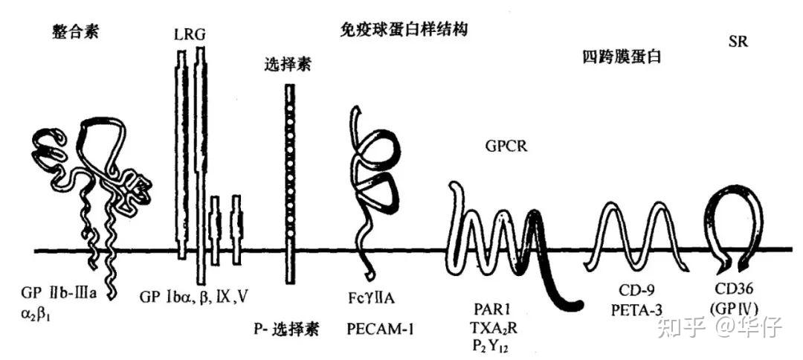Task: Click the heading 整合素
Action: point(76,32)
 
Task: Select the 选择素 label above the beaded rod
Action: point(287,64)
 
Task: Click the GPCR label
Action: point(506,146)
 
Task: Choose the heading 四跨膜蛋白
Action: point(623,57)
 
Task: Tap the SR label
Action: point(738,42)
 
